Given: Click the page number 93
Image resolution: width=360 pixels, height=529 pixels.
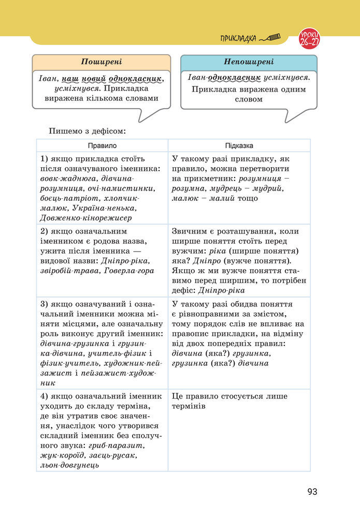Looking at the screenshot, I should click(311, 492).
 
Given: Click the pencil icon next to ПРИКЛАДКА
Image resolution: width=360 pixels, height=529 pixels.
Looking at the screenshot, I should click(270, 38).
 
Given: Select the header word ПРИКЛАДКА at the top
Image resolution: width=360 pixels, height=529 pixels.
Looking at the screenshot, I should click(238, 38).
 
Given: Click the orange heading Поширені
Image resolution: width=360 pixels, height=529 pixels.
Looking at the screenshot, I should click(101, 62).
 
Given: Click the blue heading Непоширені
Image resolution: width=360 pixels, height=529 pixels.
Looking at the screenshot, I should click(249, 62).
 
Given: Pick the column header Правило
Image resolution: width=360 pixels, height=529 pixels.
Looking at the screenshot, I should click(102, 146).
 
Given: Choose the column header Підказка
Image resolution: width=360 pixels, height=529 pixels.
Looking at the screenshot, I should click(239, 146).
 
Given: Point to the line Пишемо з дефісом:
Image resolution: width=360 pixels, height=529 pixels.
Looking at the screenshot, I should click(87, 131).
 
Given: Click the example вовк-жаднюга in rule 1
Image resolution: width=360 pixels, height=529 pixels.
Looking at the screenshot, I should click(64, 178).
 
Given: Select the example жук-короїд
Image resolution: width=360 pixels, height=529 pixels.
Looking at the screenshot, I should click(61, 455).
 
